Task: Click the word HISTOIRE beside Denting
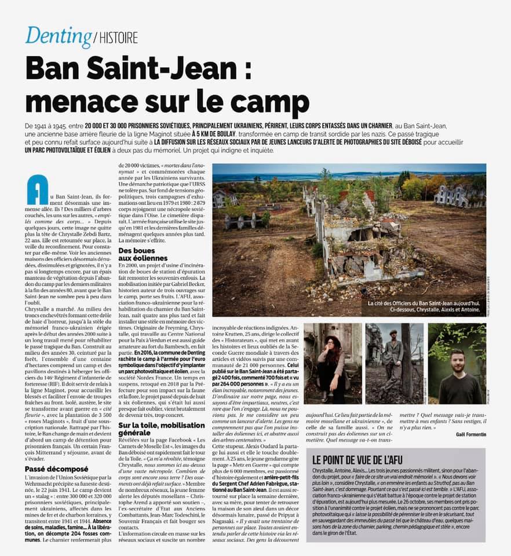coord(117,39)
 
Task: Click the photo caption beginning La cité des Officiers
coord(424,305)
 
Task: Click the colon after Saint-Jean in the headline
coord(246,72)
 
